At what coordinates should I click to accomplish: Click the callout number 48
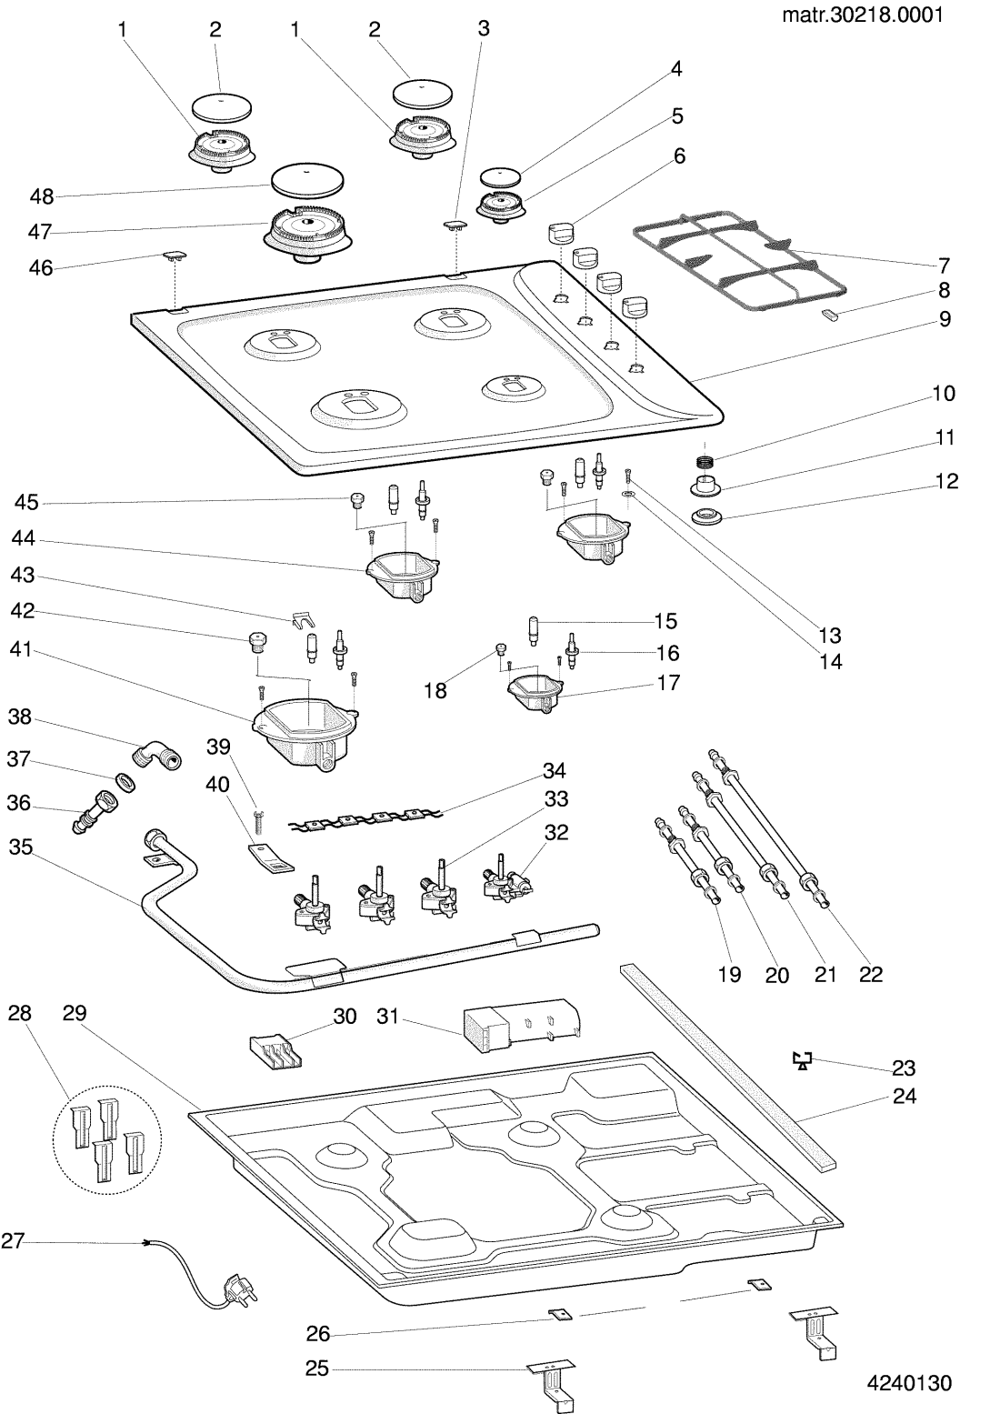(41, 196)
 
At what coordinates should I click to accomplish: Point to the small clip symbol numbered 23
(802, 1059)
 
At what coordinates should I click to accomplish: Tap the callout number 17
(668, 682)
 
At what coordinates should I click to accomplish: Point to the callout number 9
(945, 319)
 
